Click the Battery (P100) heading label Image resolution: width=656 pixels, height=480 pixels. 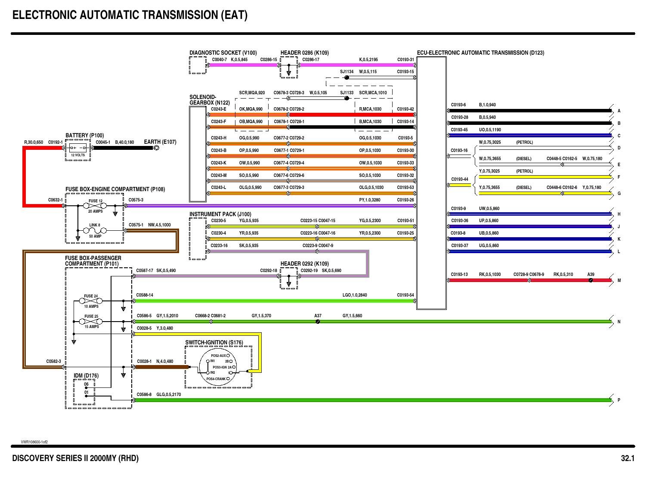click(x=84, y=136)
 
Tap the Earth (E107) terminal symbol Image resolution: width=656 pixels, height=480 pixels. click(x=157, y=148)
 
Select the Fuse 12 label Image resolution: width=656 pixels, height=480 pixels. click(x=96, y=201)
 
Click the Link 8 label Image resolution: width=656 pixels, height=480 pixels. click(x=95, y=225)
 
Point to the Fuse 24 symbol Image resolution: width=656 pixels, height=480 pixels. click(x=91, y=301)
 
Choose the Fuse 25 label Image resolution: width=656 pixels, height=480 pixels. click(x=91, y=316)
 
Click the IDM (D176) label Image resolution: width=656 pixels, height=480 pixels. click(x=86, y=376)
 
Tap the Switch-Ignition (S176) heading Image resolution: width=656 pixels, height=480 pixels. click(x=214, y=343)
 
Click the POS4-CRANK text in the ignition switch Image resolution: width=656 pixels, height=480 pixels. click(x=216, y=379)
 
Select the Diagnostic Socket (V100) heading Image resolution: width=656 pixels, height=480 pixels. click(x=223, y=53)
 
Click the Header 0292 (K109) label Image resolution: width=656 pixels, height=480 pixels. click(x=304, y=264)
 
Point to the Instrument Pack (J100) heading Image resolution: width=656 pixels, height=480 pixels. click(x=220, y=214)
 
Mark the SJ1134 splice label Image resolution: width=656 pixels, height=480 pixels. click(x=347, y=72)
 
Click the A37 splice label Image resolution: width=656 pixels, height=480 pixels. click(x=318, y=316)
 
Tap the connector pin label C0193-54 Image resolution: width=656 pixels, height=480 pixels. click(x=405, y=295)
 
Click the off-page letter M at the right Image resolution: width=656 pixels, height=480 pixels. click(x=619, y=281)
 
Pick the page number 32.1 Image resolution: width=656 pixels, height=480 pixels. click(x=628, y=458)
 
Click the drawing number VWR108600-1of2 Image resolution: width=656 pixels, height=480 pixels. click(x=34, y=442)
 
